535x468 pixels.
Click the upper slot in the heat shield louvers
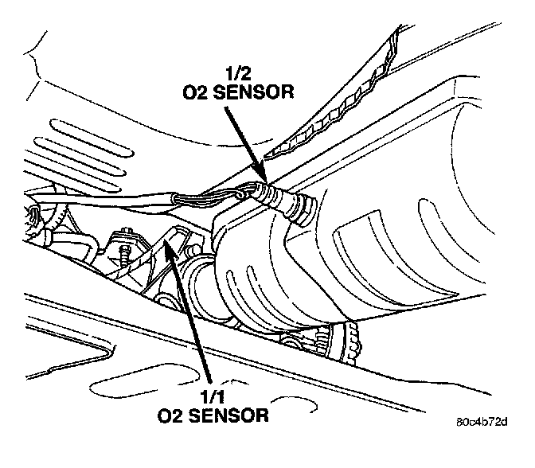(76, 127)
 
